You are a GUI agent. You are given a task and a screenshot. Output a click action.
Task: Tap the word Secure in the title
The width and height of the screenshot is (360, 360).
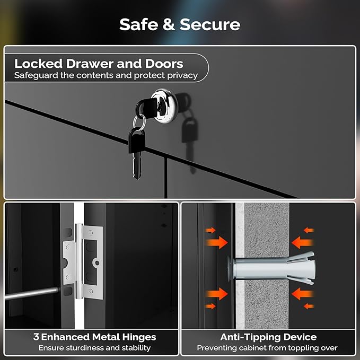210,24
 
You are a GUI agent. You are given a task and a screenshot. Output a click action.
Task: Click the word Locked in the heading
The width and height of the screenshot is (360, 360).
38,64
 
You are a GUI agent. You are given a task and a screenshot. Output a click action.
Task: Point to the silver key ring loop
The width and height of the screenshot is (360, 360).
139,122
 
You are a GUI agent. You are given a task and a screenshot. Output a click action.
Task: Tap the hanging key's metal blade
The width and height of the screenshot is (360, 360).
137,166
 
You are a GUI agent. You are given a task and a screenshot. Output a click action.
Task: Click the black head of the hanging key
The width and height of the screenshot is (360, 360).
137,141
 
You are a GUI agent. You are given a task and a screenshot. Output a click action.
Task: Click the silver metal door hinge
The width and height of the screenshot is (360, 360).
83,262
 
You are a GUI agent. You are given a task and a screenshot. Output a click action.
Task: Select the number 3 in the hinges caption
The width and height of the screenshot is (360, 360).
36,337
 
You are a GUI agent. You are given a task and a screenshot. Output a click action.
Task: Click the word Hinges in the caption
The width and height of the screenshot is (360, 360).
139,337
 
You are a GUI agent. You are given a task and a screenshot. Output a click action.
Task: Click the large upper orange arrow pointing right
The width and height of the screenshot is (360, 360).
217,242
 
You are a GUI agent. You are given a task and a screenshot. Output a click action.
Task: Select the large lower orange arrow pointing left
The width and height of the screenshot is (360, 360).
303,294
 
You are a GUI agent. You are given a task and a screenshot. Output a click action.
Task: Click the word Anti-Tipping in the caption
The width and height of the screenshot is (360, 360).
250,337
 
